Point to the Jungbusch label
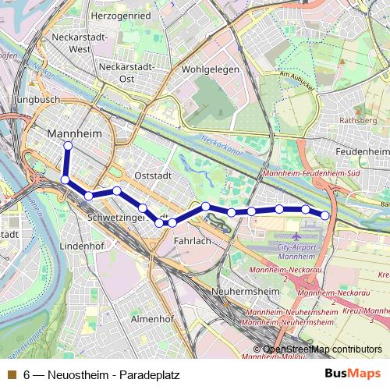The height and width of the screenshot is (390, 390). click(37, 101)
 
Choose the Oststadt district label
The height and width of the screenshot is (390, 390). click(152, 175)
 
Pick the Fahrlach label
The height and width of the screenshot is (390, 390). click(192, 242)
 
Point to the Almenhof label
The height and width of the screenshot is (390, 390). click(151, 319)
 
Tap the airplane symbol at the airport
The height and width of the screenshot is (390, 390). click(296, 235)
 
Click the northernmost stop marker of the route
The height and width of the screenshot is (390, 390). click(68, 146)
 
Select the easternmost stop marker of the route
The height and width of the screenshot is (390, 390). click(324, 215)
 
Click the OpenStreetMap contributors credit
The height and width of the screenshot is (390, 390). click(322, 349)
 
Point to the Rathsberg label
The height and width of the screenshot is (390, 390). click(359, 121)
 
